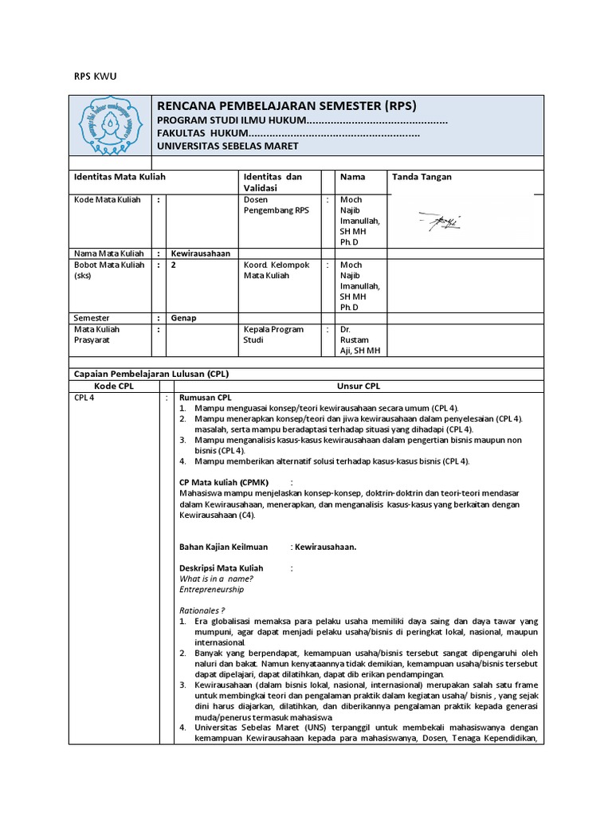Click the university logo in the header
click(x=110, y=125)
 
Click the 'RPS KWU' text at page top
click(x=95, y=76)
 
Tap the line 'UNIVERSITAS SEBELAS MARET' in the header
click(x=227, y=146)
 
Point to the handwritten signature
click(x=439, y=222)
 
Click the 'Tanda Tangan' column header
click(x=422, y=177)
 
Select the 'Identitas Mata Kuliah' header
click(x=120, y=177)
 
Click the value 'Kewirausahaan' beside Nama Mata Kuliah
click(x=200, y=253)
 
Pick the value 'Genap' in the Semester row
click(x=184, y=317)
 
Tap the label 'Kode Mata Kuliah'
click(x=108, y=200)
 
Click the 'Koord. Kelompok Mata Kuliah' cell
click(x=277, y=270)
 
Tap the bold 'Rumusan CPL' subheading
click(x=205, y=397)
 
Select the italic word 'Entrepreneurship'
click(x=211, y=590)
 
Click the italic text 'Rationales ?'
click(x=202, y=610)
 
